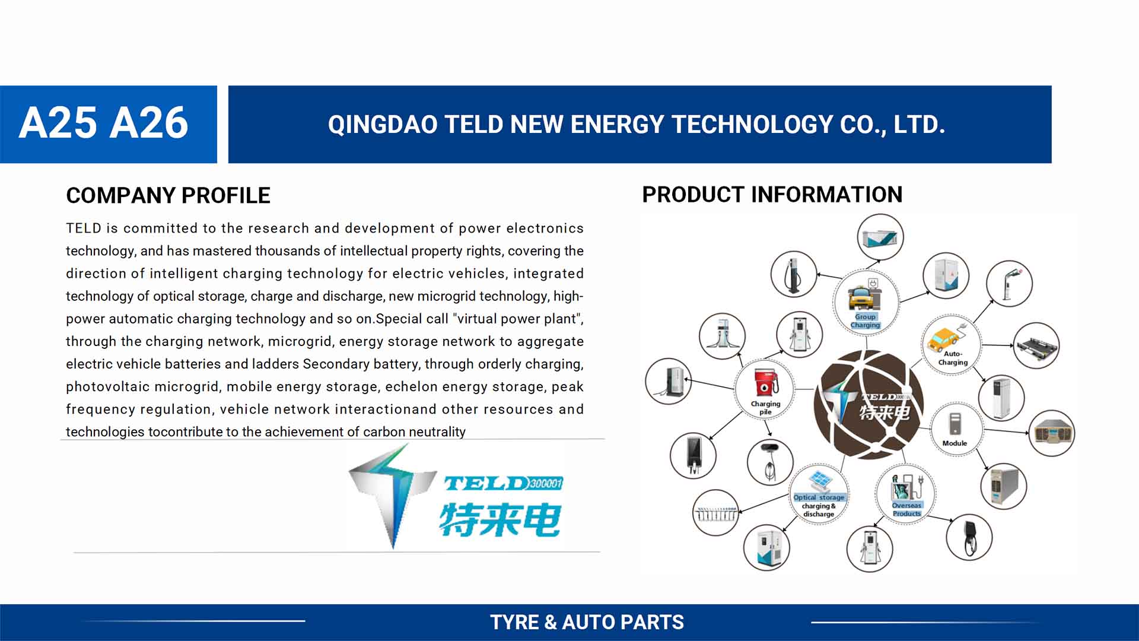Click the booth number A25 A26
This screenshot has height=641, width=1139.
[x=103, y=123]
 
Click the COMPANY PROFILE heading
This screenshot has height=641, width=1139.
[x=168, y=195]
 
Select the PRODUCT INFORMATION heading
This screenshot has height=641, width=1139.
[x=772, y=194]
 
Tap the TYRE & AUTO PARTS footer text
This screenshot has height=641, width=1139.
[x=587, y=622]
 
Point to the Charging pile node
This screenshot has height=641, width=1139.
[x=765, y=390]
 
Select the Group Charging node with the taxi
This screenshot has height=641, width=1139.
[x=866, y=302]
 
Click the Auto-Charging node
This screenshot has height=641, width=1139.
[x=952, y=344]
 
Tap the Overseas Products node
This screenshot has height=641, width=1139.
[x=905, y=494]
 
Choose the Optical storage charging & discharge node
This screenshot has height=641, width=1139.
[x=819, y=494]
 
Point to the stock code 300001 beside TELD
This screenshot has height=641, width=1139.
[x=546, y=483]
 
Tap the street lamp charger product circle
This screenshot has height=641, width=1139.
[x=1009, y=284]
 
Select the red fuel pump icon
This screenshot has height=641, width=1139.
[x=765, y=382]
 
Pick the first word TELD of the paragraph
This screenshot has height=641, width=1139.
[x=84, y=229]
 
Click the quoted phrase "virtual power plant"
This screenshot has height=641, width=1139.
[x=516, y=319]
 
